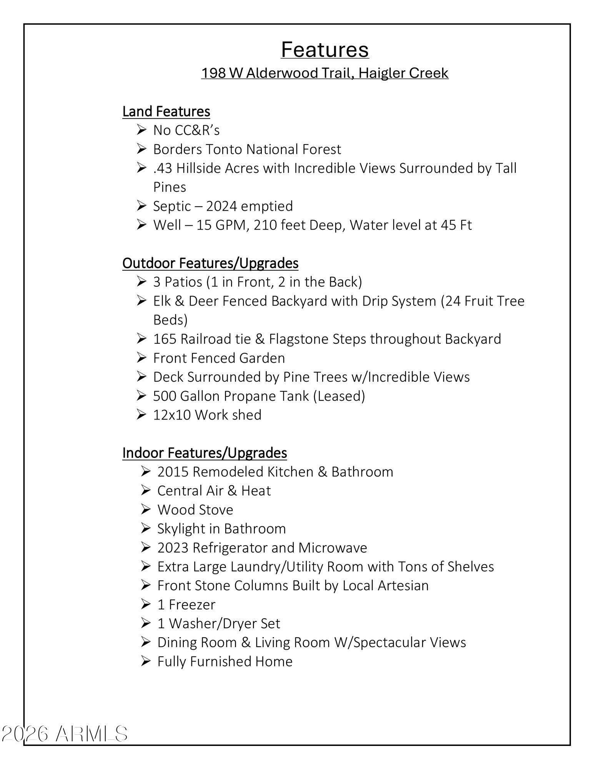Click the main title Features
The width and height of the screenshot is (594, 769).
(x=324, y=50)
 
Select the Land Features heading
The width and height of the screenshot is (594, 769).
(x=166, y=112)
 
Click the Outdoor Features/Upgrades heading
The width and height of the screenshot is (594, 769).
(x=210, y=263)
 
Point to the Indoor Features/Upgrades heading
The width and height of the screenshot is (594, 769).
(x=205, y=453)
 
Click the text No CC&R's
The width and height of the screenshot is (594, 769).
(x=186, y=130)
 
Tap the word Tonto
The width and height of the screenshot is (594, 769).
(x=225, y=149)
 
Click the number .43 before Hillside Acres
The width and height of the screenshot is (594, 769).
(x=163, y=168)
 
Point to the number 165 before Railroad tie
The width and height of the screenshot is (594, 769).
(x=165, y=339)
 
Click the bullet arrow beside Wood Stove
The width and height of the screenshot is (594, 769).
(x=145, y=510)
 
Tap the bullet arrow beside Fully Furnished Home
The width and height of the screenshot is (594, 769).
(x=145, y=661)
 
